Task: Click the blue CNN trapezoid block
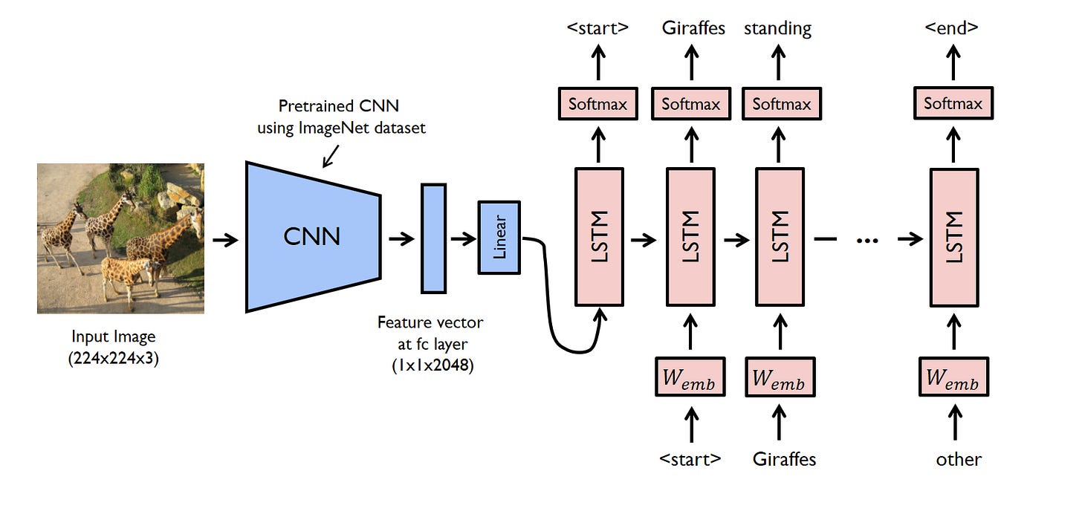[313, 237]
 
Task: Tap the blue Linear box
[499, 238]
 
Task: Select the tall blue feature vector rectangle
[433, 238]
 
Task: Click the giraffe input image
[120, 238]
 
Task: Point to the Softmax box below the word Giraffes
[691, 104]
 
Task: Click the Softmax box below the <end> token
[953, 104]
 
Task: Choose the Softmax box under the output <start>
[597, 104]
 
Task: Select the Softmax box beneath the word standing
[781, 104]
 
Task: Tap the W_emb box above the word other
[953, 377]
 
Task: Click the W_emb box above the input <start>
[690, 377]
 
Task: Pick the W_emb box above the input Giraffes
[780, 377]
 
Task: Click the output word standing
[777, 29]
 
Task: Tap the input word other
[958, 459]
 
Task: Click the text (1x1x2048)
[433, 365]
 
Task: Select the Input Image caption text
[113, 336]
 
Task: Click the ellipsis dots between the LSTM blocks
[866, 240]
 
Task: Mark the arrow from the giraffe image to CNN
[224, 239]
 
